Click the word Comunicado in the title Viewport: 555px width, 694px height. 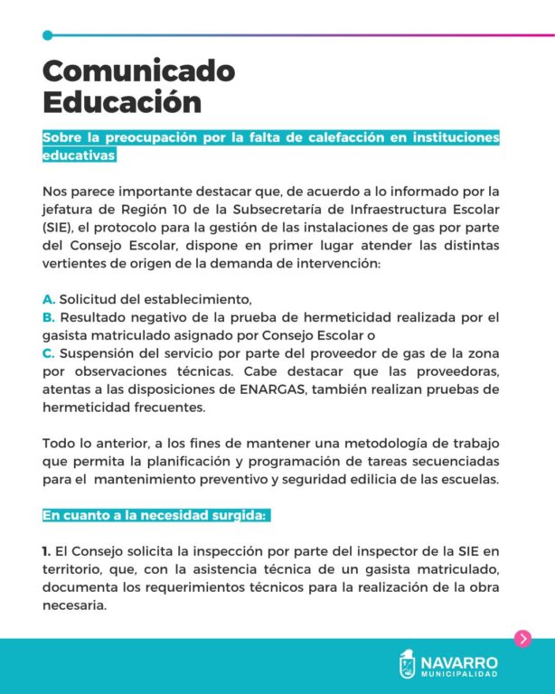point(138,70)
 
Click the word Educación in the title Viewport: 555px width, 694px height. point(122,100)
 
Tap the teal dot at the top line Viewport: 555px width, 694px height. point(47,35)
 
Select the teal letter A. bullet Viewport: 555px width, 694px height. point(49,299)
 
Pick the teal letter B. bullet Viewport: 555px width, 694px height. point(49,317)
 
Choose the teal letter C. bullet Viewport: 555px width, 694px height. point(49,353)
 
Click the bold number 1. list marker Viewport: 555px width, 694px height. point(46,550)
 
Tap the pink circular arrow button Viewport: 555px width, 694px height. point(522,639)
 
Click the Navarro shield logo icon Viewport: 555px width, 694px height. point(408,664)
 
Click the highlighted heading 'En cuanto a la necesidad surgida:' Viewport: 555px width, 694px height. point(155,515)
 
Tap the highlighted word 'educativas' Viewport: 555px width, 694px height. point(80,155)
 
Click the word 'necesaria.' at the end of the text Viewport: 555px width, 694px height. point(74,605)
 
